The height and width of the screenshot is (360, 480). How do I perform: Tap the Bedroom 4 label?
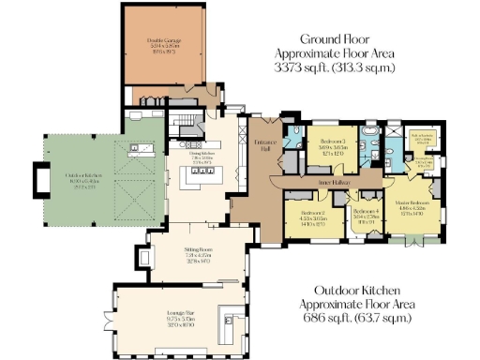click(365, 212)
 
